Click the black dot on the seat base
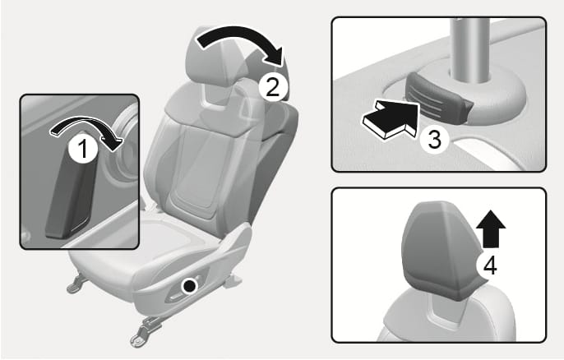[190, 287]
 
